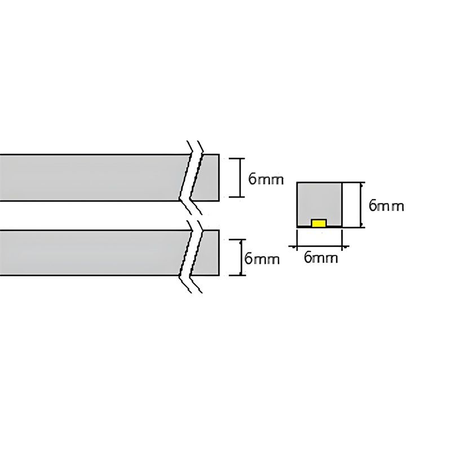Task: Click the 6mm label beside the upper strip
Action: pos(266,179)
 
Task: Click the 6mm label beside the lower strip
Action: pos(262,259)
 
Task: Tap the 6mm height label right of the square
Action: pos(386,206)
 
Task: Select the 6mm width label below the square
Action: pos(321,258)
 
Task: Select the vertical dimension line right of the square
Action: pos(362,205)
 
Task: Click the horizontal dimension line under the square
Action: pos(320,246)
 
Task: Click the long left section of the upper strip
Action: pos(90,178)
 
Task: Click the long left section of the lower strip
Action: pos(90,253)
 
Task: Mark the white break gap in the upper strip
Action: pos(190,178)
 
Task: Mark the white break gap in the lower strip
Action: pos(190,253)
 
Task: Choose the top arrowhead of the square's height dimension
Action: pos(362,183)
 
